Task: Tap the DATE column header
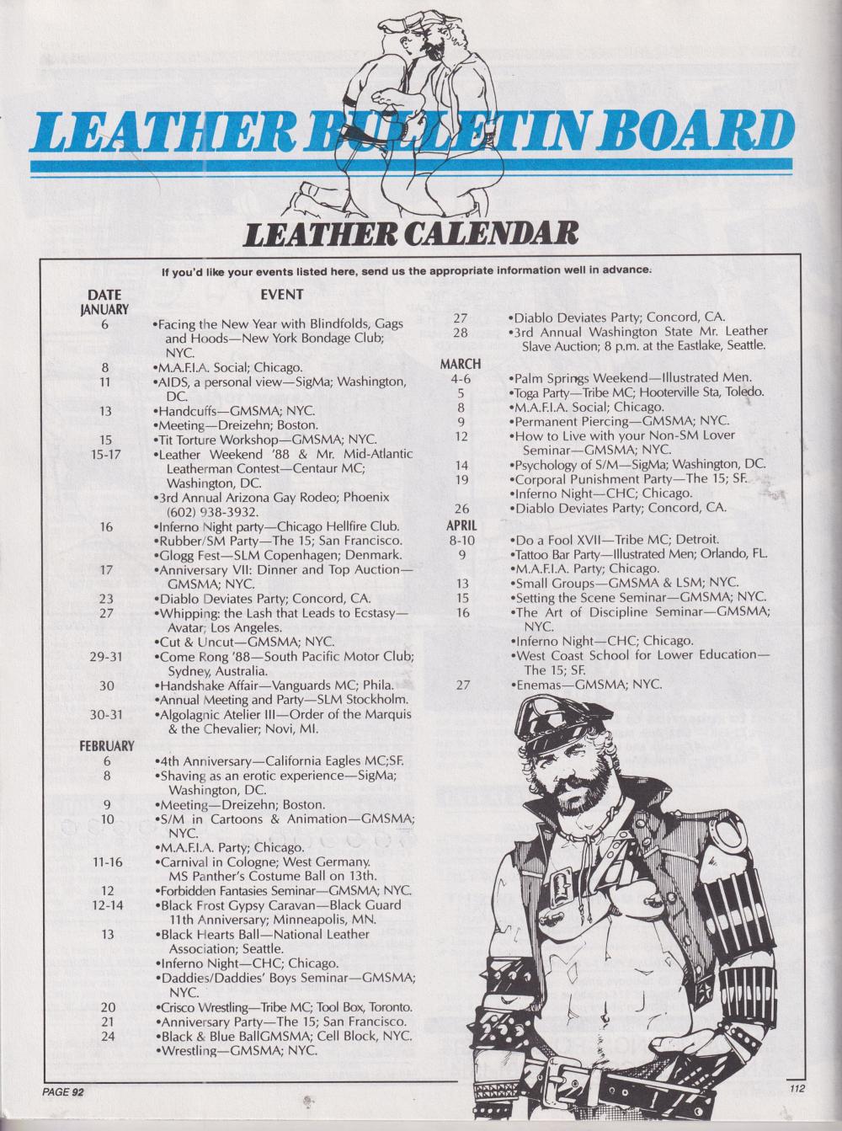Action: (x=104, y=295)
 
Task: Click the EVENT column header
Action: (x=282, y=294)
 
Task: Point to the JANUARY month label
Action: (x=104, y=309)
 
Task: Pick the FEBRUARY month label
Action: (x=107, y=745)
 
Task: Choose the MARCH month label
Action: (x=461, y=364)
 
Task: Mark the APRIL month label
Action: (x=461, y=525)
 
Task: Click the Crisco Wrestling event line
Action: (x=285, y=1007)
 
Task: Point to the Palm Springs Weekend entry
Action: (x=631, y=378)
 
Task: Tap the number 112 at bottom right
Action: (x=799, y=1088)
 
